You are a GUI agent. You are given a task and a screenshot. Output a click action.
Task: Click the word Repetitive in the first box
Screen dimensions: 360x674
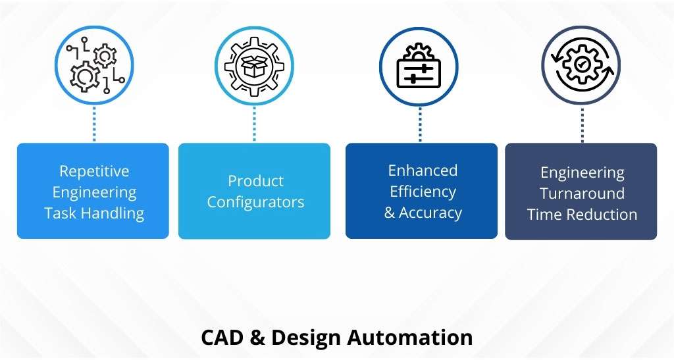[x=94, y=172]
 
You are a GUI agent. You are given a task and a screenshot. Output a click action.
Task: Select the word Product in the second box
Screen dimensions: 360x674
[x=255, y=181]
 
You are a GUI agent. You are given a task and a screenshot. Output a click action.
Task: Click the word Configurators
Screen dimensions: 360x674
[x=255, y=202]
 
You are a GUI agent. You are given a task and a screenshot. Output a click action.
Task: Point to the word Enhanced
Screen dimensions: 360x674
[x=423, y=170]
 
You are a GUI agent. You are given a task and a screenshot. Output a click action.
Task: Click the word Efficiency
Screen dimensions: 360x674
[x=423, y=192]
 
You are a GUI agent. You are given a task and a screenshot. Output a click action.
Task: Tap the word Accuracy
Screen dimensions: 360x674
[x=430, y=213]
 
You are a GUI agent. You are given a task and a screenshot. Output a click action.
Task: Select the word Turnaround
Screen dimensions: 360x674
[x=582, y=193]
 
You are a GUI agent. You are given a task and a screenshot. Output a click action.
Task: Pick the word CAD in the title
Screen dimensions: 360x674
[x=222, y=337]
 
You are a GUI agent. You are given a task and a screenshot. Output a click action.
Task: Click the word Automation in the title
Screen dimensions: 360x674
[x=409, y=337]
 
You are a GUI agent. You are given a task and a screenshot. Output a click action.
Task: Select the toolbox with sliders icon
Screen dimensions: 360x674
[x=419, y=67]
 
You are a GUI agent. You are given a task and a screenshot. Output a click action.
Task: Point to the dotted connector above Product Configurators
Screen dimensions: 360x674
[x=255, y=124]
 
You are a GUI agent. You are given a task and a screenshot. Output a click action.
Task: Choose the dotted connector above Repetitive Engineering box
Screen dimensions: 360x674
[x=94, y=124]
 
